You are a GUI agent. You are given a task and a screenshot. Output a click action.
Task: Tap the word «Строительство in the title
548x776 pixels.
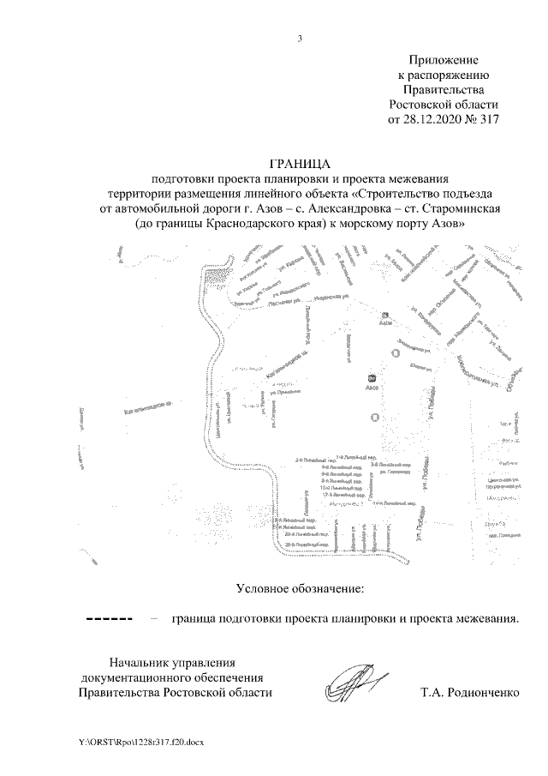[397, 194]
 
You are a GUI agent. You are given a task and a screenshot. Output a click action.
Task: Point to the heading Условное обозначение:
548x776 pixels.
[300, 588]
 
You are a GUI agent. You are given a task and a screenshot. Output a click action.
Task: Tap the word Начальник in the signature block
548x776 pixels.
[141, 661]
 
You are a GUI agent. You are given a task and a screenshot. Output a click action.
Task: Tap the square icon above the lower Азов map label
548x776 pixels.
[372, 377]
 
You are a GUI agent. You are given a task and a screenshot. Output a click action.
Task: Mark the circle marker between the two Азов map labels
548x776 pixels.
[396, 352]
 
